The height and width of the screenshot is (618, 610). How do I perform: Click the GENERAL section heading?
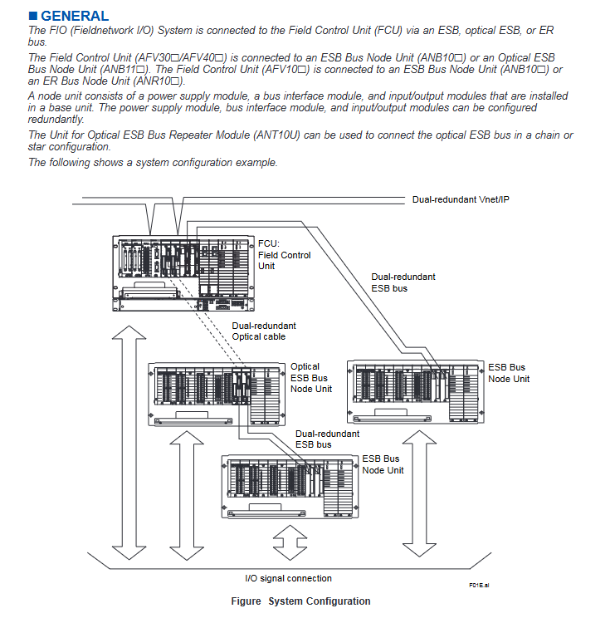pyautogui.click(x=75, y=16)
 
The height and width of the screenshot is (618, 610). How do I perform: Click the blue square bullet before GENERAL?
pyautogui.click(x=33, y=16)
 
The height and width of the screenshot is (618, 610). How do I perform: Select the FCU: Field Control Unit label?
pyautogui.click(x=284, y=255)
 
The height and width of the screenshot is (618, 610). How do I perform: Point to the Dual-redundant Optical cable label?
pyautogui.click(x=264, y=331)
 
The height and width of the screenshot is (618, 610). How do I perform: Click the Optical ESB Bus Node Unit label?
pyautogui.click(x=310, y=377)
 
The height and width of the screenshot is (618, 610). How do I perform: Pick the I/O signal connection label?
pyautogui.click(x=288, y=578)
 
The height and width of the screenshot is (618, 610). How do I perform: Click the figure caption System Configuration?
pyautogui.click(x=300, y=601)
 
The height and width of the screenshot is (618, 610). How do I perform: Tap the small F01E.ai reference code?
pyautogui.click(x=479, y=586)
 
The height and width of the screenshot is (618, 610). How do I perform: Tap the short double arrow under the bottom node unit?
pyautogui.click(x=290, y=543)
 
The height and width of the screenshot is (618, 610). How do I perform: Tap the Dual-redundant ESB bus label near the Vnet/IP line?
pyautogui.click(x=403, y=282)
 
